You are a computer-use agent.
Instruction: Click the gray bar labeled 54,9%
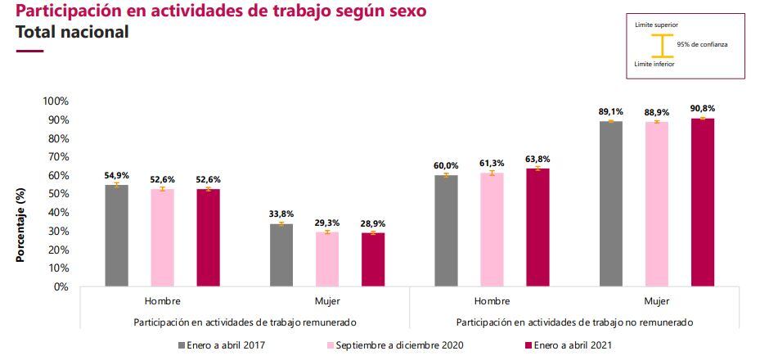116,236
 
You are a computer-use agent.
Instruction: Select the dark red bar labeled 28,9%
373,259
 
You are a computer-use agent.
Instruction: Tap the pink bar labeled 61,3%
492,230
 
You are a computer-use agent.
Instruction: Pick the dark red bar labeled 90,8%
703,202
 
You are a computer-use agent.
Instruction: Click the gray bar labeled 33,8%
281,255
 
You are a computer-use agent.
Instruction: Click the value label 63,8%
538,158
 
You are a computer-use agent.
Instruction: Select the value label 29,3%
327,222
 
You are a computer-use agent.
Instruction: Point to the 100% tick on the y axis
56,101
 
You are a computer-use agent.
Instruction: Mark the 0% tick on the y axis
61,287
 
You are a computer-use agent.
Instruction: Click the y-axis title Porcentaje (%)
20,223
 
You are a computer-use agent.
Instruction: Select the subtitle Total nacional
72,34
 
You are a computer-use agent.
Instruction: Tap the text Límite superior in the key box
656,26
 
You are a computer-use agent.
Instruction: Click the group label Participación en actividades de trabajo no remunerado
574,322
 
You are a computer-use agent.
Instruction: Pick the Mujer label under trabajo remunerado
326,301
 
